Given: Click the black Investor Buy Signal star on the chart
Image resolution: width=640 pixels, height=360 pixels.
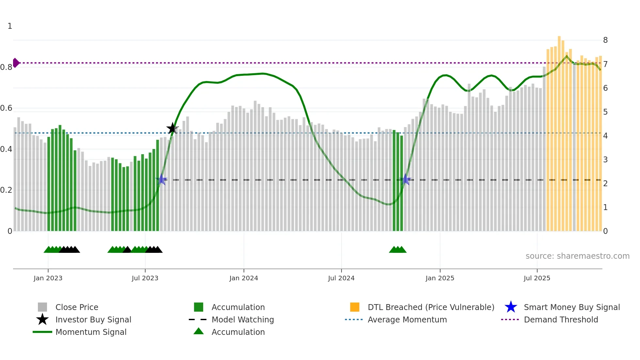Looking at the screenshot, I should [x=172, y=128].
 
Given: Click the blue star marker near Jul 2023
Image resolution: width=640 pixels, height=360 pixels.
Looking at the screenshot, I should [x=161, y=179].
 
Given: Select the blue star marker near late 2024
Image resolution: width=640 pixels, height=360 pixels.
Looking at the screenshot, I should [x=405, y=179].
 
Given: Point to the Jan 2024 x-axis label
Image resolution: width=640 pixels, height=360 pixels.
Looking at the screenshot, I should [x=244, y=278].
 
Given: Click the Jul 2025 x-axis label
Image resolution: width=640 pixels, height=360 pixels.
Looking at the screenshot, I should [x=537, y=278].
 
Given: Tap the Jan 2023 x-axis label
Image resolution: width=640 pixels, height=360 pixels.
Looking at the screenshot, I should [x=48, y=278].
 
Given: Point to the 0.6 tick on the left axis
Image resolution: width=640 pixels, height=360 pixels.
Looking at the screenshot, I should [x=6, y=108].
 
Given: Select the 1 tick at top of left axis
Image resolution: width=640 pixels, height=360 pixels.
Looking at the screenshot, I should [x=10, y=26].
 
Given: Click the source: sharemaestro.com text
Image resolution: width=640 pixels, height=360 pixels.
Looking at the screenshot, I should [x=577, y=256].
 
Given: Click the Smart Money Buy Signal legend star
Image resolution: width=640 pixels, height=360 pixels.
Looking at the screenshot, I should [x=511, y=307].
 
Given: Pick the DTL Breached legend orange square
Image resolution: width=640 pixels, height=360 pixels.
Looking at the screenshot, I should [x=355, y=307].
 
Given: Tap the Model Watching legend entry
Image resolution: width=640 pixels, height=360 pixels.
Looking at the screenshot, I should [x=243, y=319].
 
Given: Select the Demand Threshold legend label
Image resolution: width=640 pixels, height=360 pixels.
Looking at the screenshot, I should [x=561, y=319].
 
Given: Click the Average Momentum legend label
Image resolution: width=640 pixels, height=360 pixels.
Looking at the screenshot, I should [x=407, y=319].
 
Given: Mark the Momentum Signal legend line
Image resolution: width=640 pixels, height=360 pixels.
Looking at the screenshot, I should [x=42, y=332].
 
